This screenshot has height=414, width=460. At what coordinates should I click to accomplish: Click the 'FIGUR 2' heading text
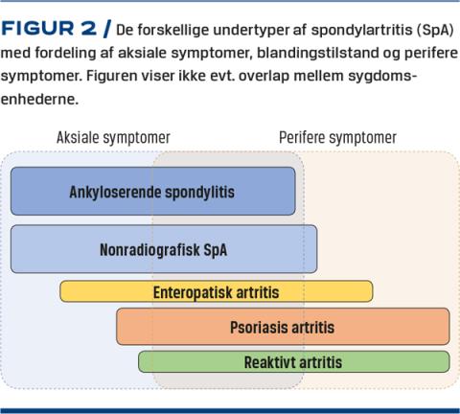pyautogui.click(x=49, y=29)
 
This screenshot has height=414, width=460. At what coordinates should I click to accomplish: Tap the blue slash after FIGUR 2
pyautogui.click(x=106, y=29)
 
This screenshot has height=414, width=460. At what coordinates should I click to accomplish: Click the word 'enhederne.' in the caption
pyautogui.click(x=39, y=99)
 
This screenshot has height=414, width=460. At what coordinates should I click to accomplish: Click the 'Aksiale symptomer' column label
pyautogui.click(x=113, y=138)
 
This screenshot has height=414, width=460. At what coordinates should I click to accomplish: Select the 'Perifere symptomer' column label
pyautogui.click(x=337, y=138)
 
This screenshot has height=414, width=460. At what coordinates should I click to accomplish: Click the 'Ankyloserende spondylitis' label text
pyautogui.click(x=152, y=192)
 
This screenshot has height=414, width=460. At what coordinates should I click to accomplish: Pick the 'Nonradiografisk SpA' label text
pyautogui.click(x=163, y=249)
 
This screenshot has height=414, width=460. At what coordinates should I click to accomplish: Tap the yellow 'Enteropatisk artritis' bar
pyautogui.click(x=217, y=291)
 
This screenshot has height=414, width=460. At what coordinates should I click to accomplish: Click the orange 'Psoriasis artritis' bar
pyautogui.click(x=283, y=327)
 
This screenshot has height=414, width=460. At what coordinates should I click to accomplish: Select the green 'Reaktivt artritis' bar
pyautogui.click(x=294, y=361)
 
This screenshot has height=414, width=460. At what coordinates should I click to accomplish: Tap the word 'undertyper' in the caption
pyautogui.click(x=252, y=31)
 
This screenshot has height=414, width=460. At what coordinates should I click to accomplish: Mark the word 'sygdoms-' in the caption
pyautogui.click(x=382, y=77)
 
